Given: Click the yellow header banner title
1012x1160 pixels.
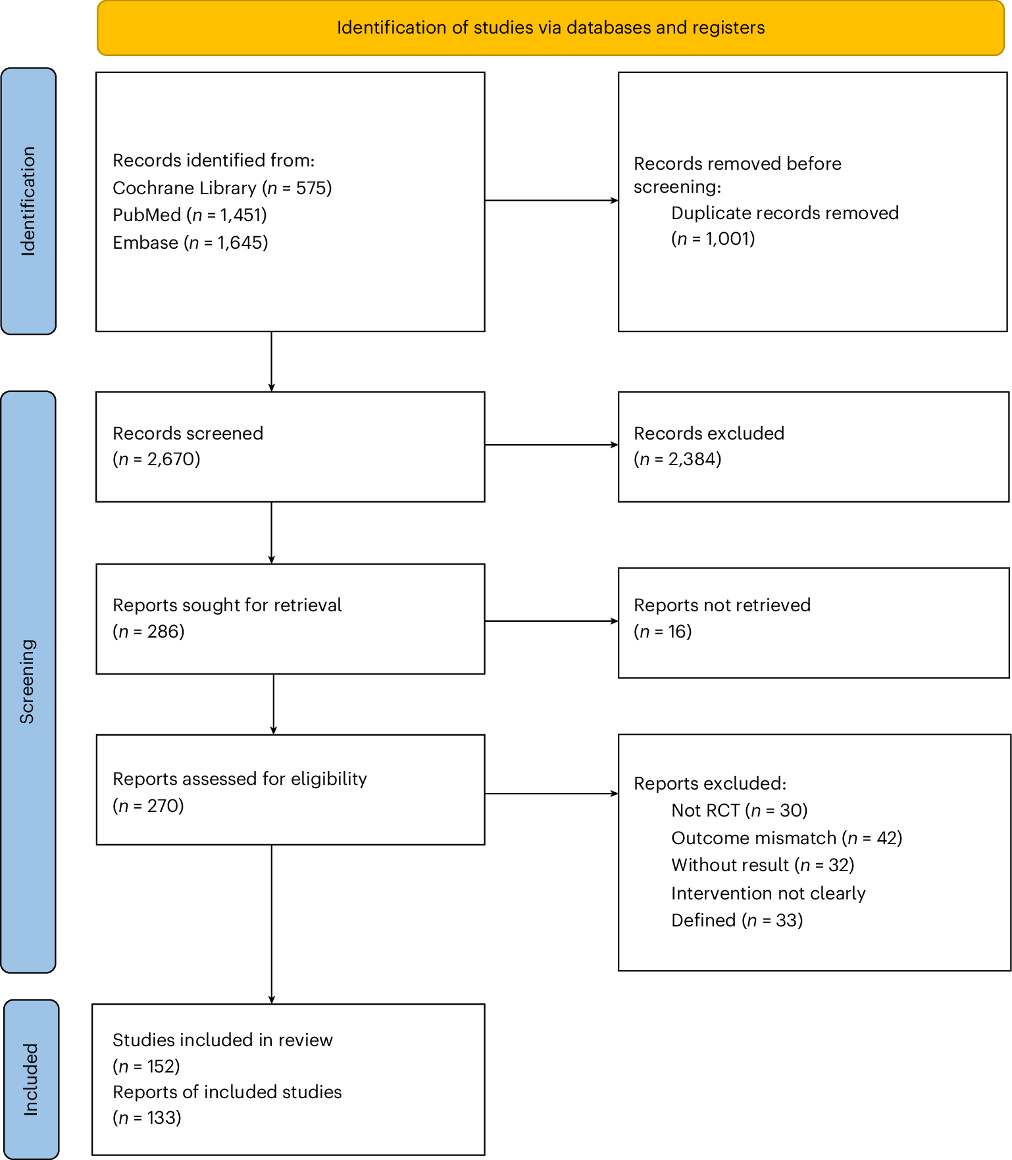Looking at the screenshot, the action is pyautogui.click(x=551, y=28).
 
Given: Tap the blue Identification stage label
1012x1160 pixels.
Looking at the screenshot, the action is pyautogui.click(x=28, y=201).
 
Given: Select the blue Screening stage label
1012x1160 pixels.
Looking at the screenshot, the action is pyautogui.click(x=28, y=682).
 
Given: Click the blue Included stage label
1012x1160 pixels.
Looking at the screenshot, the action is pyautogui.click(x=31, y=1079).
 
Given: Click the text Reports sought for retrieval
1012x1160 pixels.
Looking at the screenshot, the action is pyautogui.click(x=227, y=605).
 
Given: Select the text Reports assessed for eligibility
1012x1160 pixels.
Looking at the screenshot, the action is pyautogui.click(x=240, y=779).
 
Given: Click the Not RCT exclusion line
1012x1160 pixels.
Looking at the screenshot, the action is pyautogui.click(x=740, y=811).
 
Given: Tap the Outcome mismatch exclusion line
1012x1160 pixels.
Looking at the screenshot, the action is pyautogui.click(x=787, y=838).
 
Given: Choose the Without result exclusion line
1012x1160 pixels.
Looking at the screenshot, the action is pyautogui.click(x=763, y=865).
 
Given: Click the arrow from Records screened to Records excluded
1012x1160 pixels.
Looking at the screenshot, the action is pyautogui.click(x=551, y=445).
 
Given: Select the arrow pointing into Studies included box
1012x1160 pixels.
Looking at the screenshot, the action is pyautogui.click(x=272, y=924).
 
